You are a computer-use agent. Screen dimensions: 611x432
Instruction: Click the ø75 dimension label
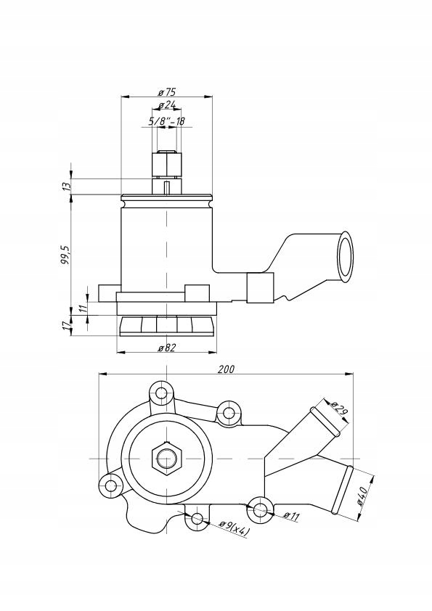167,92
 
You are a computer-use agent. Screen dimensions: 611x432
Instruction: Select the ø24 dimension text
167,106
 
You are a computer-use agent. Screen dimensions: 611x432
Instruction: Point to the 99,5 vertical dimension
66,255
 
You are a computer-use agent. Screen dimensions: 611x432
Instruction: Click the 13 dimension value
66,186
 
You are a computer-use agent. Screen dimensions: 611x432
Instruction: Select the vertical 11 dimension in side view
83,308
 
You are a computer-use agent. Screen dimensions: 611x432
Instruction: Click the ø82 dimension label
167,348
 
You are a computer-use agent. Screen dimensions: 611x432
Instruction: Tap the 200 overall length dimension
226,369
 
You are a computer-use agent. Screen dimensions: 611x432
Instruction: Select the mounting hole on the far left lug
110,485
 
